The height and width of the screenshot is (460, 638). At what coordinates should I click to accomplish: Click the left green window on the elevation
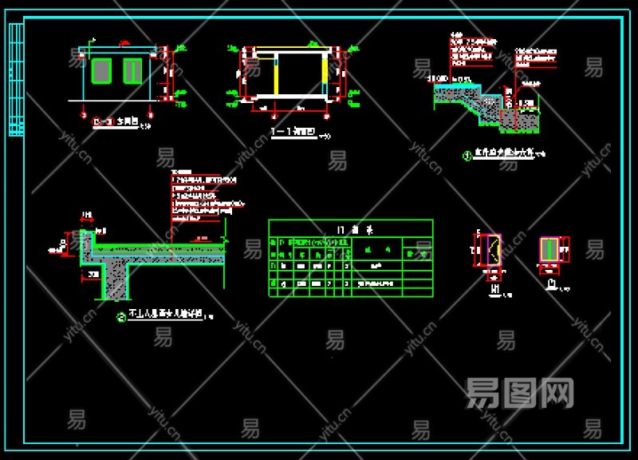coord(100,70)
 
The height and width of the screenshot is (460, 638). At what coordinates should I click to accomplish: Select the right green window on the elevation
coord(132,70)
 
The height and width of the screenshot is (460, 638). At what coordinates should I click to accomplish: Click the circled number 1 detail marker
coord(467,156)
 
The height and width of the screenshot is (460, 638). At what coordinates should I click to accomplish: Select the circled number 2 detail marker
coord(121,317)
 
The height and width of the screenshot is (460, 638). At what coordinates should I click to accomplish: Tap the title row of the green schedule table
coord(351,228)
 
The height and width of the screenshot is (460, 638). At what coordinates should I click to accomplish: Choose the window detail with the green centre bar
coord(550,249)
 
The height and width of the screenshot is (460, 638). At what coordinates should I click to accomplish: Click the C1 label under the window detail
coord(551,283)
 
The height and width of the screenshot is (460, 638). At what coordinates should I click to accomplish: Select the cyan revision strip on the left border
coord(15,80)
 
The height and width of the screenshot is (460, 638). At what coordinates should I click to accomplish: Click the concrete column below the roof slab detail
coord(116,281)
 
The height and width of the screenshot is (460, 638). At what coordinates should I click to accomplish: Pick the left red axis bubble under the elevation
coord(84,115)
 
